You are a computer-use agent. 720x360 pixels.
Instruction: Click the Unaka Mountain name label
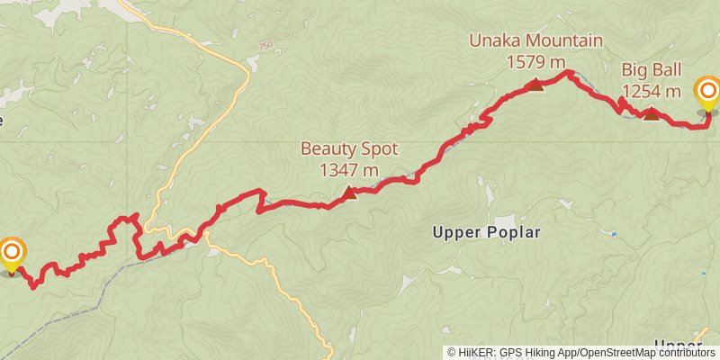pyautogui.click(x=535, y=40)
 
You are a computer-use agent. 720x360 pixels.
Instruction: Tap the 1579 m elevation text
pyautogui.click(x=535, y=62)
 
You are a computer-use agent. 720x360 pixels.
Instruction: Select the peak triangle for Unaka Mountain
pyautogui.click(x=536, y=85)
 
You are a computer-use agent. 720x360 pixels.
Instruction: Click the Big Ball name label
pyautogui.click(x=651, y=70)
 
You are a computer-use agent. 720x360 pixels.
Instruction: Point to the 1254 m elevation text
pyautogui.click(x=651, y=91)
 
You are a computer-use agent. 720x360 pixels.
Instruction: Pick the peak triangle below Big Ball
pyautogui.click(x=651, y=113)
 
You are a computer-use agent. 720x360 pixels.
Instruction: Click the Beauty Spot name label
pyautogui.click(x=348, y=148)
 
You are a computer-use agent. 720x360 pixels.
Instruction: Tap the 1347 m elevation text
pyautogui.click(x=348, y=169)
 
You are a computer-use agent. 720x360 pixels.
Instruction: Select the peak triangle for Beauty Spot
pyautogui.click(x=349, y=192)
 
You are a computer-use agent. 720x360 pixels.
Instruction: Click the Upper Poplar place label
pyautogui.click(x=486, y=232)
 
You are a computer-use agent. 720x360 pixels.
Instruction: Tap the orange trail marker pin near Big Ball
pyautogui.click(x=708, y=92)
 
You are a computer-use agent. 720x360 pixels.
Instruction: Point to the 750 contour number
pyautogui.click(x=265, y=46)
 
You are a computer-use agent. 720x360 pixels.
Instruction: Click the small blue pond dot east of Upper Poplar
pyautogui.click(x=614, y=234)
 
